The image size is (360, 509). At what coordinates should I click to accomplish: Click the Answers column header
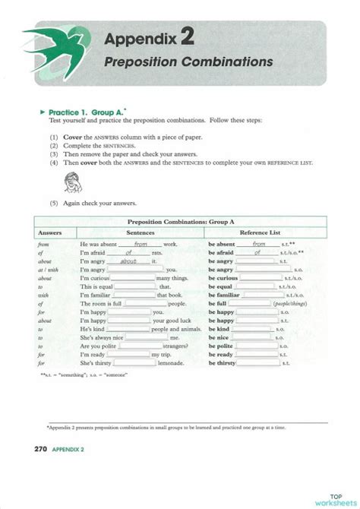pos(49,232)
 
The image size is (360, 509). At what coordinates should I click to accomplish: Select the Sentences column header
pos(141,232)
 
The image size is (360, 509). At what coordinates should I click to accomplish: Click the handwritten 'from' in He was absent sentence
pos(140,244)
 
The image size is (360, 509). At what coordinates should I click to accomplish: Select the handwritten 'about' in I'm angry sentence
pos(133,261)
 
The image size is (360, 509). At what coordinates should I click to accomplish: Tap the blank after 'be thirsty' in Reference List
pos(258,364)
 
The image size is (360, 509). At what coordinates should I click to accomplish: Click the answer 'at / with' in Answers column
pos(47,270)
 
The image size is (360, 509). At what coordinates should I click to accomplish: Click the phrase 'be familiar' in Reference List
pos(225,295)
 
